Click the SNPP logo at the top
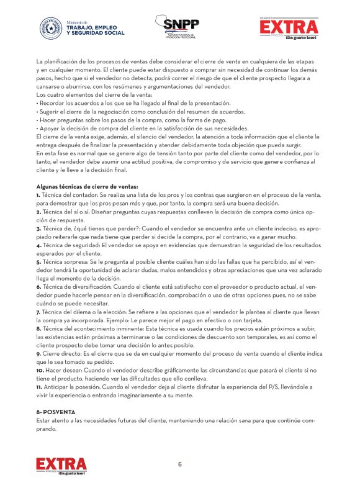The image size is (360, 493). pyautogui.click(x=181, y=26)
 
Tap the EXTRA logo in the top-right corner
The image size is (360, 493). pyautogui.click(x=289, y=27)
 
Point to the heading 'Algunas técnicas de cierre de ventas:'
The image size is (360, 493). pyautogui.click(x=87, y=186)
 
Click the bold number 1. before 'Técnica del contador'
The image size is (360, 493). pyautogui.click(x=38, y=195)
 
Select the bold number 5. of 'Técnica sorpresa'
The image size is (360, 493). pyautogui.click(x=38, y=263)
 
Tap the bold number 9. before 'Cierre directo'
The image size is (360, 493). pyautogui.click(x=38, y=353)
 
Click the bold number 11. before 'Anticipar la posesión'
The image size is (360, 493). pyautogui.click(x=40, y=387)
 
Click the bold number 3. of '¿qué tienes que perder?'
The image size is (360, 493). pyautogui.click(x=38, y=228)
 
